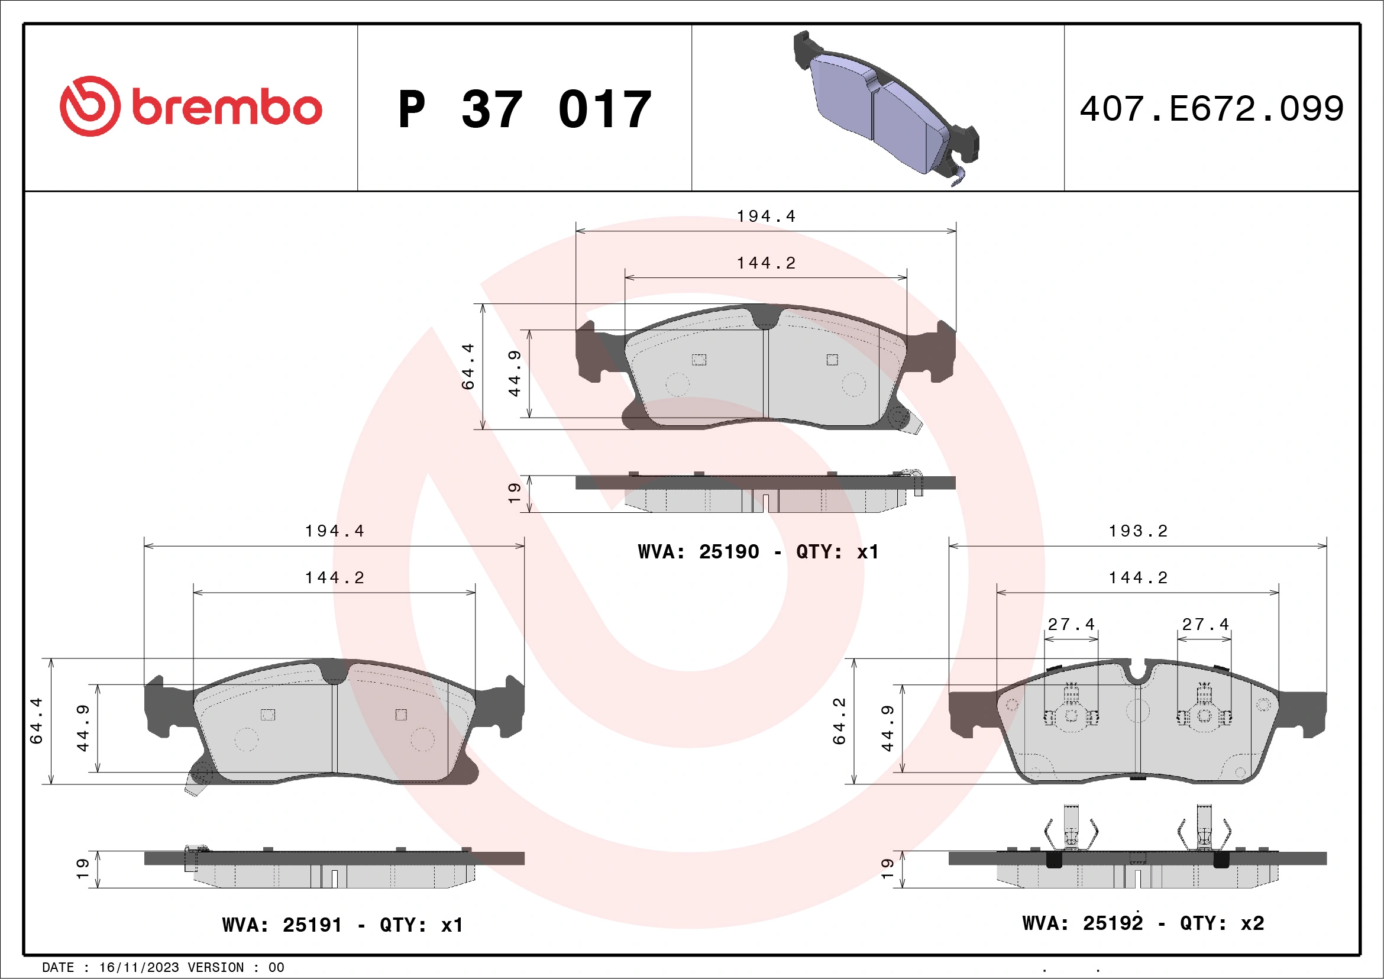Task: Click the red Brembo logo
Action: coord(190,106)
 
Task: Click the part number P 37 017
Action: coord(525,109)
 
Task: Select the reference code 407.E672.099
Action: coord(1212,109)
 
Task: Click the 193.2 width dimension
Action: coord(1138,531)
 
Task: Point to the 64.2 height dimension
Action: coord(839,721)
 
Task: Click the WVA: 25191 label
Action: coord(282,925)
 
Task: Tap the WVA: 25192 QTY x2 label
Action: coord(1143,923)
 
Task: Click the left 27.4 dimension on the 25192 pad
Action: coord(1071,625)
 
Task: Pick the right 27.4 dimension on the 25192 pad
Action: coord(1205,625)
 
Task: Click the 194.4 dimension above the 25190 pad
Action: coord(766,217)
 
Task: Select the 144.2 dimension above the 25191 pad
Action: coord(335,578)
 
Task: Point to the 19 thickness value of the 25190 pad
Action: coord(514,493)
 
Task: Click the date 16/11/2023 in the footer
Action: coord(138,968)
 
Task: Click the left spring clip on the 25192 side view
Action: coord(1071,829)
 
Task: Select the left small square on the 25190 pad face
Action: coord(699,360)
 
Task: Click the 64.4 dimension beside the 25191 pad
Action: coord(36,721)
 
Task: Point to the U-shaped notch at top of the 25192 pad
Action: coord(1137,673)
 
